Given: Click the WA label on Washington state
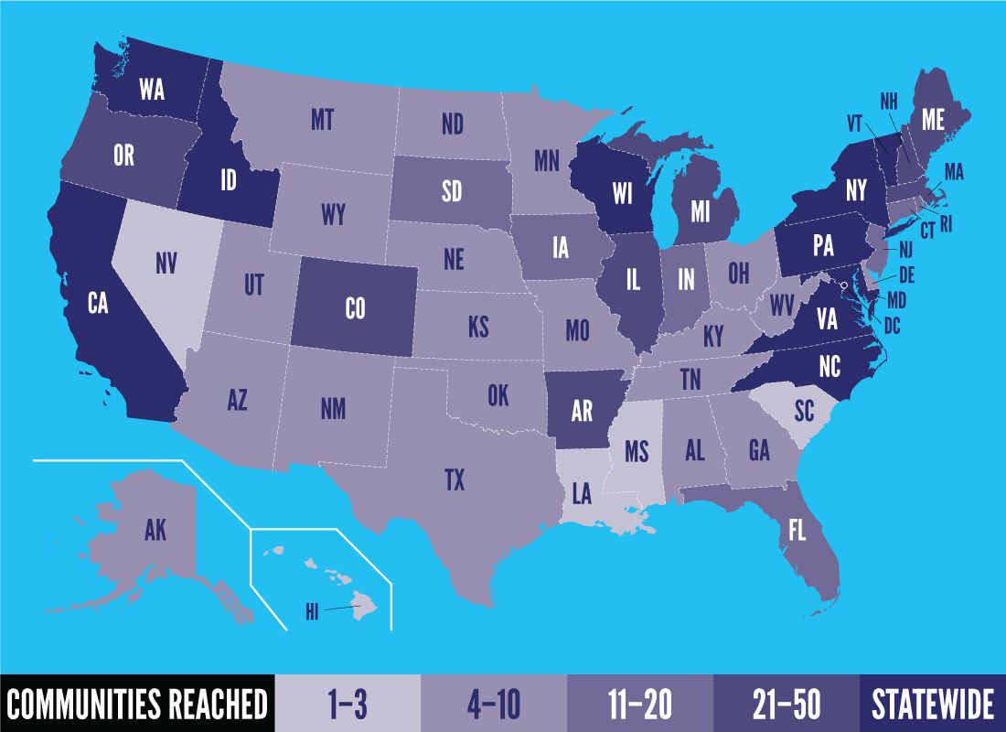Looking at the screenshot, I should click(152, 89).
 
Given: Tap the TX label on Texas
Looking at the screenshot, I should click(455, 479).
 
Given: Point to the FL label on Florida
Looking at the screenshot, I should click(797, 531).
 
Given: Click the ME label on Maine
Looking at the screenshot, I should click(933, 119).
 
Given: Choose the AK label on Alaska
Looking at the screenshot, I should click(155, 530).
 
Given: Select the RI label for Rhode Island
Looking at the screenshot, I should click(946, 222).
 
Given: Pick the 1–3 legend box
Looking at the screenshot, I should click(348, 705).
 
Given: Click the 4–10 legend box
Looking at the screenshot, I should click(494, 705).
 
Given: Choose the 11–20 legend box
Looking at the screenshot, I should click(640, 705).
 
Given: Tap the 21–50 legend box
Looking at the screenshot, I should click(787, 705).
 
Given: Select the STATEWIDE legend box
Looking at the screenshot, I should click(932, 705).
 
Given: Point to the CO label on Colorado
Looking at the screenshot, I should click(355, 308).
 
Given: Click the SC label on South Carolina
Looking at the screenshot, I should click(803, 411).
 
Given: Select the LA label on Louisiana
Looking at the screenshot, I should click(582, 495).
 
